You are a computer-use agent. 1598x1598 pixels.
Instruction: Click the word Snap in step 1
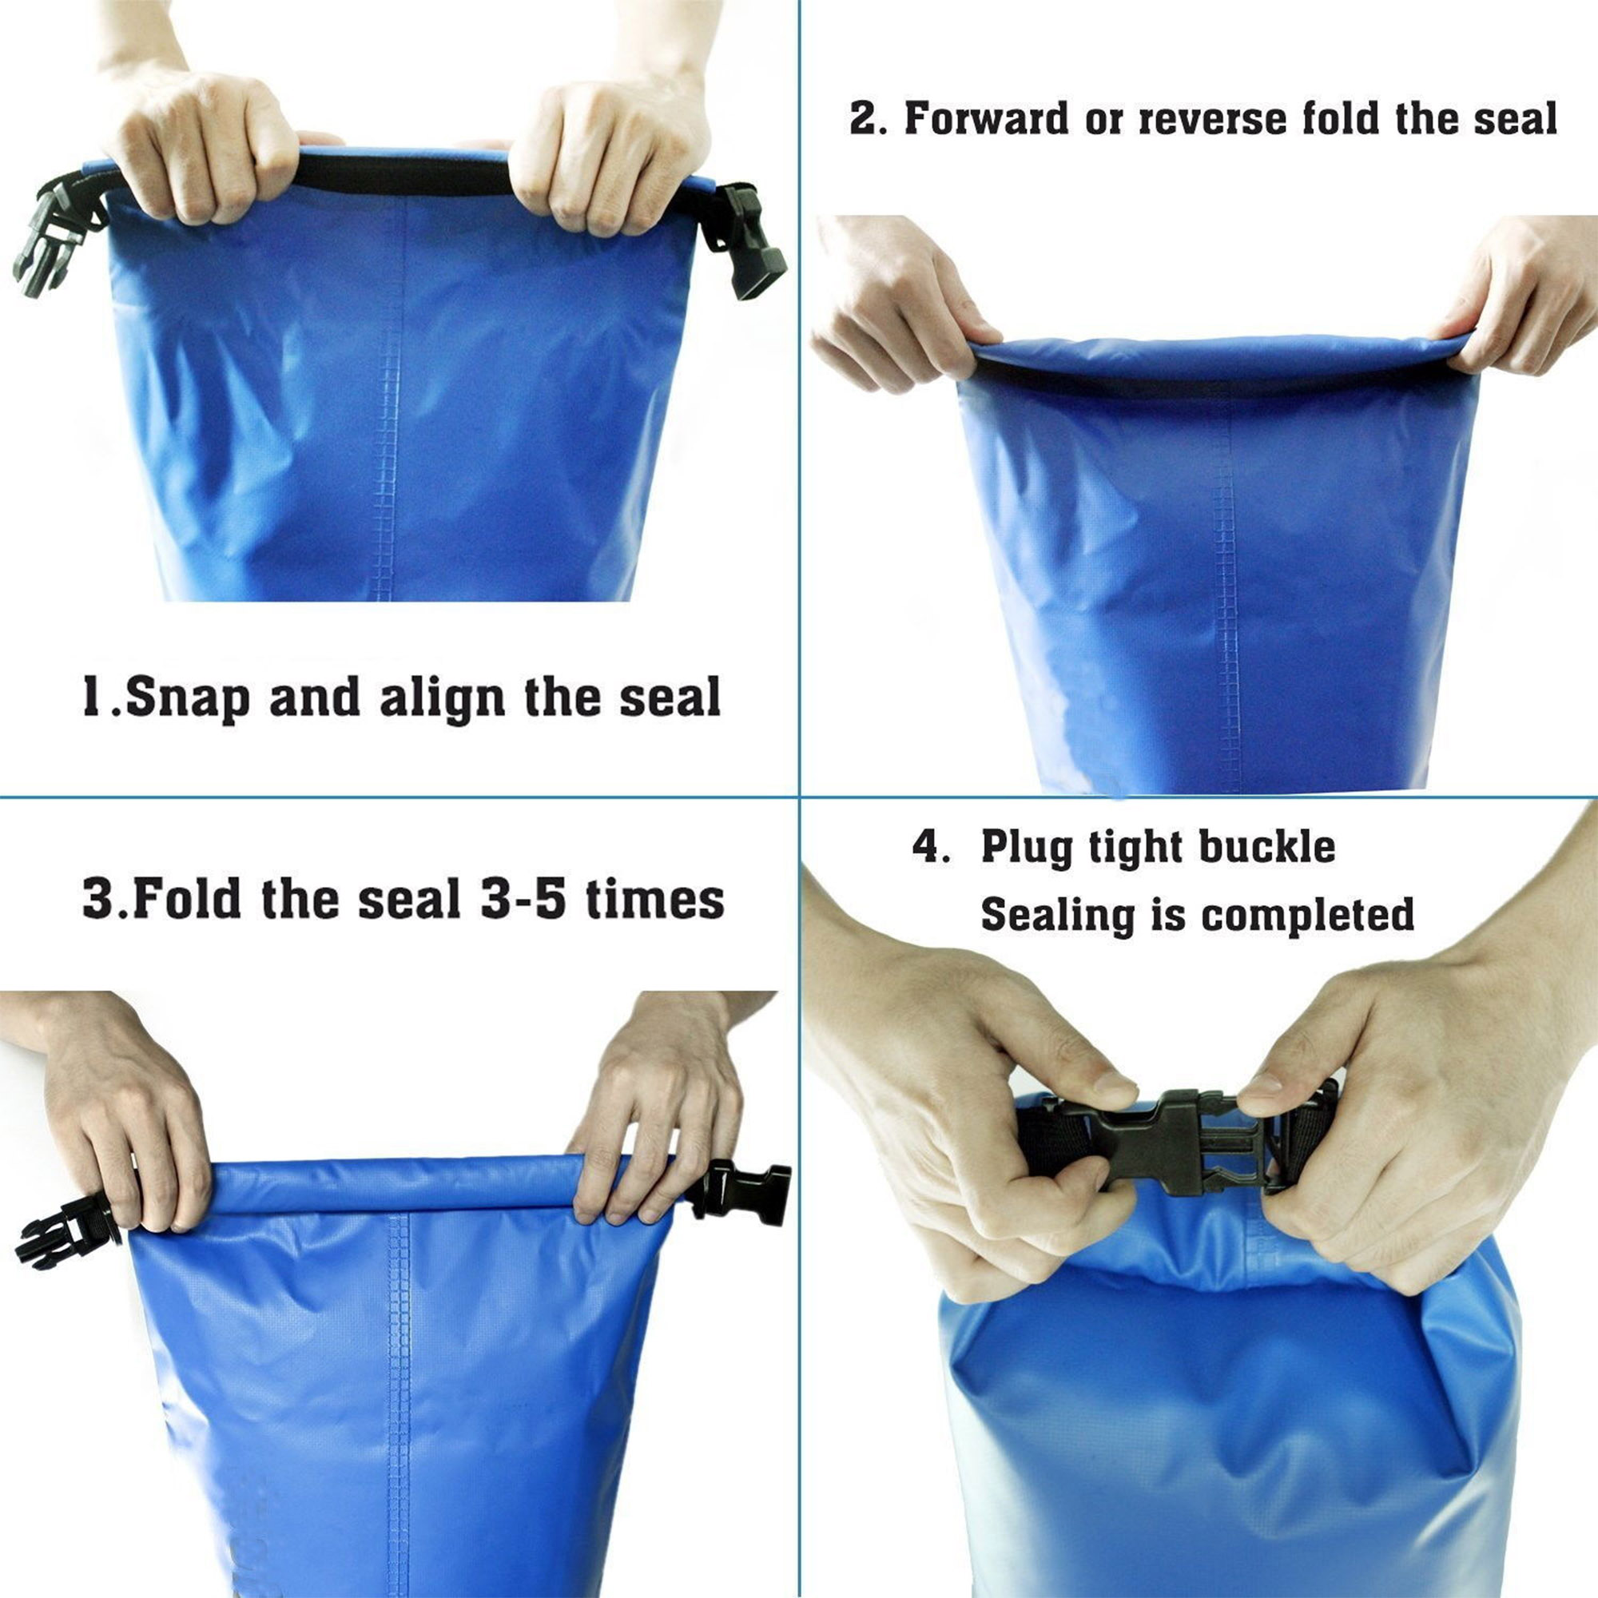tap(188, 698)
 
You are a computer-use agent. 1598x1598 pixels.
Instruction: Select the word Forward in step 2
tap(987, 117)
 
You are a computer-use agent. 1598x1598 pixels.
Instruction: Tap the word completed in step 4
tap(1308, 916)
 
